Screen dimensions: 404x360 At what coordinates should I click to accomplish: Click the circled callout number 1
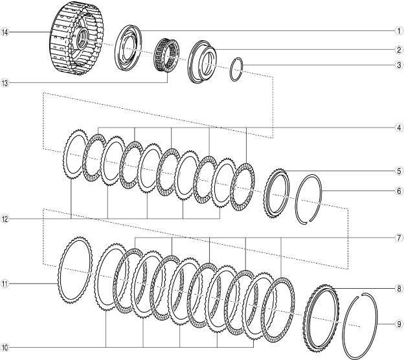399,31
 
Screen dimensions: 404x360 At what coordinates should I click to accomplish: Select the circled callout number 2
399,50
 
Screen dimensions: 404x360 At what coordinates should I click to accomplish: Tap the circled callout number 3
399,65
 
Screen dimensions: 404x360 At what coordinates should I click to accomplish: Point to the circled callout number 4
399,128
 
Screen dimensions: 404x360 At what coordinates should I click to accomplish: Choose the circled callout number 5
399,171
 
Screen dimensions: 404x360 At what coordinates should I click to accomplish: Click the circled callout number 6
399,191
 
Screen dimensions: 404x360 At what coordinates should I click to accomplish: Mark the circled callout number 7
399,238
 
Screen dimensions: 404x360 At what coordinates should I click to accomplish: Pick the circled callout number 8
399,289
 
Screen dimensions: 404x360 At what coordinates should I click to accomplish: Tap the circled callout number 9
399,323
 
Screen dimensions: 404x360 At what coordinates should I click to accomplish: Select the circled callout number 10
5,347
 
